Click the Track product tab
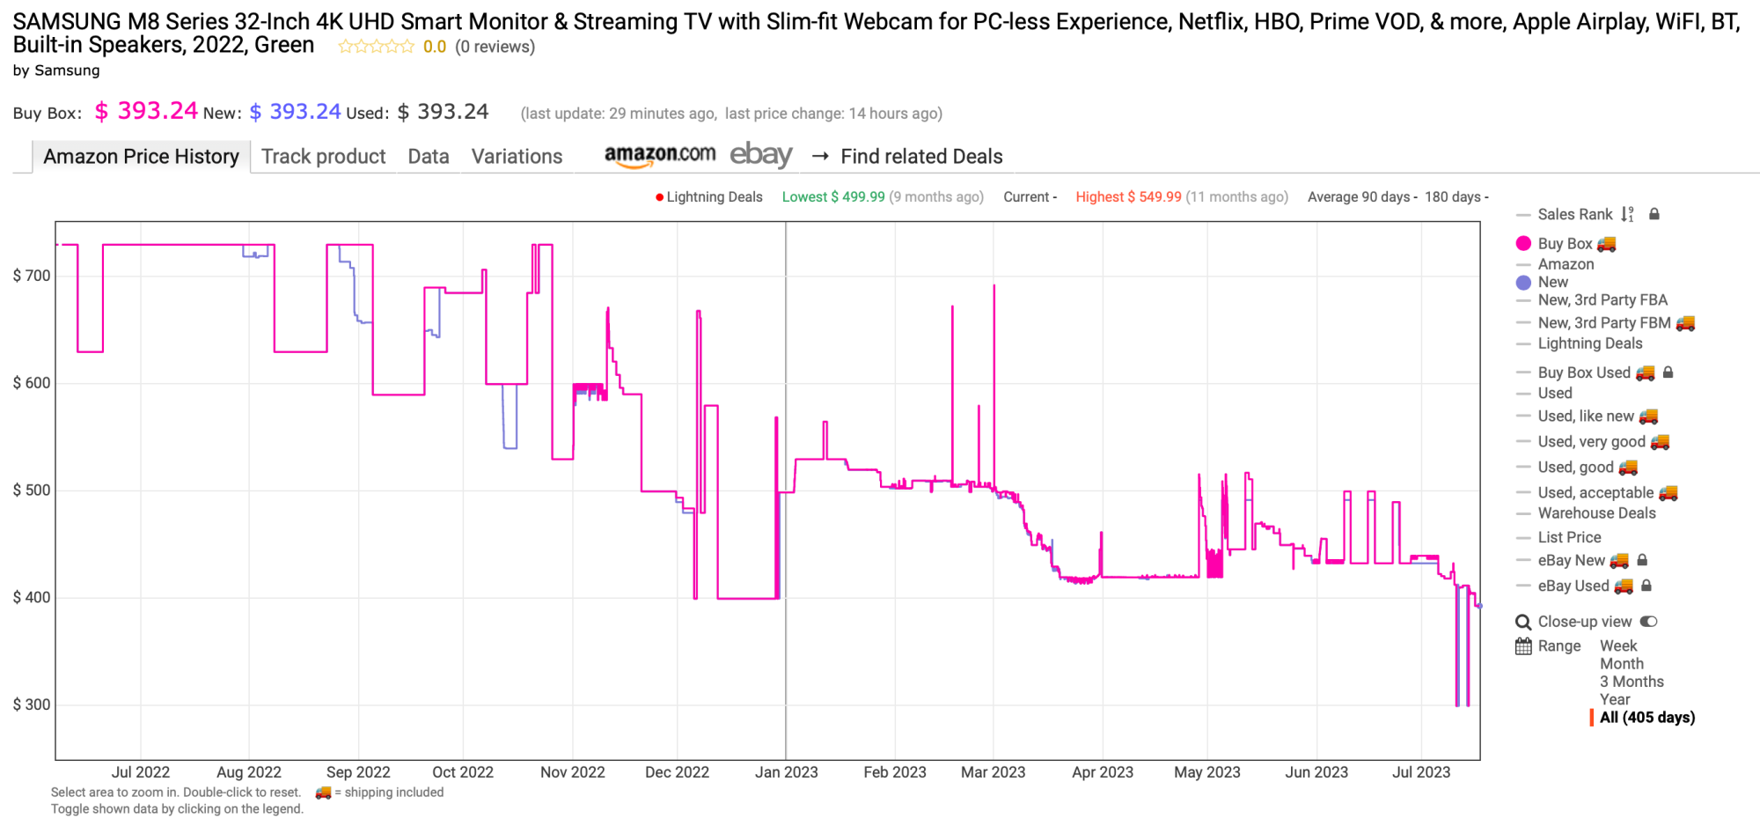[x=323, y=157]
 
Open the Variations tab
[x=517, y=157]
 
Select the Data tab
[x=429, y=157]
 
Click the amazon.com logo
[x=659, y=155]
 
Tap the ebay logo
[x=761, y=155]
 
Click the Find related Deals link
[x=920, y=157]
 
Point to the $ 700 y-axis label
[x=32, y=276]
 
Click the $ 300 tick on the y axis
[x=32, y=704]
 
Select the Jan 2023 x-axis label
[x=786, y=772]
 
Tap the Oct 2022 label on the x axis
[x=463, y=772]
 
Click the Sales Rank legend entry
[x=1574, y=215]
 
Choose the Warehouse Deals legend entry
[x=1596, y=513]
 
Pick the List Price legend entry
[x=1569, y=537]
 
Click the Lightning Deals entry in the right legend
[x=1589, y=343]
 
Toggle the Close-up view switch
[x=1648, y=622]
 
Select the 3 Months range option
[x=1632, y=682]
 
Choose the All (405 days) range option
[x=1646, y=718]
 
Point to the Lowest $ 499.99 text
[x=832, y=197]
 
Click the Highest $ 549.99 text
[x=1128, y=197]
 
